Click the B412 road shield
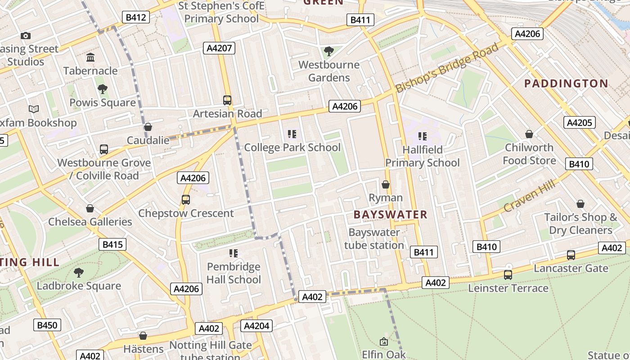point(136,18)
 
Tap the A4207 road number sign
point(219,48)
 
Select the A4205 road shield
point(580,122)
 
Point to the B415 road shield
point(112,244)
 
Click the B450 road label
point(47,325)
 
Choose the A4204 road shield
point(256,326)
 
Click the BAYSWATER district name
point(390,215)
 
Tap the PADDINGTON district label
point(566,83)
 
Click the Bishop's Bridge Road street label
point(447,68)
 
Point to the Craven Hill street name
point(531,194)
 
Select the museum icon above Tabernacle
point(90,58)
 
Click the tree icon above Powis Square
point(103,89)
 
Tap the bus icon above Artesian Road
point(227,100)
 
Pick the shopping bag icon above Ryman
point(386,184)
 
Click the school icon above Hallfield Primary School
point(422,136)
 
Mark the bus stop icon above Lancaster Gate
point(571,255)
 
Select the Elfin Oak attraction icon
point(384,342)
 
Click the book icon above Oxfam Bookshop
point(34,109)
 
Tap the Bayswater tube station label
point(373,239)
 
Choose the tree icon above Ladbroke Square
point(79,272)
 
